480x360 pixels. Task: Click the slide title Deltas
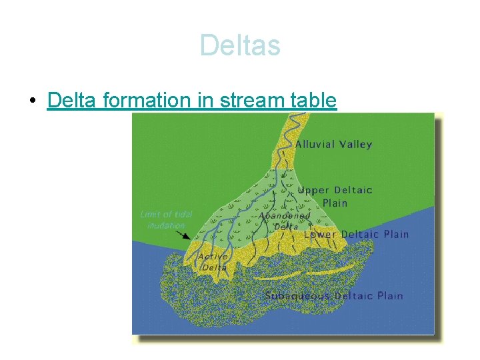click(240, 46)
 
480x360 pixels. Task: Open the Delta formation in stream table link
click(193, 101)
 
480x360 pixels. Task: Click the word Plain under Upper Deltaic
click(335, 203)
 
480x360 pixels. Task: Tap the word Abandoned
click(285, 216)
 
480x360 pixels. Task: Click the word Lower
click(321, 234)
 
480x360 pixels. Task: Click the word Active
click(213, 257)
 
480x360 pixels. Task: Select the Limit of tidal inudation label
click(166, 219)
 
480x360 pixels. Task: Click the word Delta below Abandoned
click(286, 227)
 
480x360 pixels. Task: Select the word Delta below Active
click(214, 267)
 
